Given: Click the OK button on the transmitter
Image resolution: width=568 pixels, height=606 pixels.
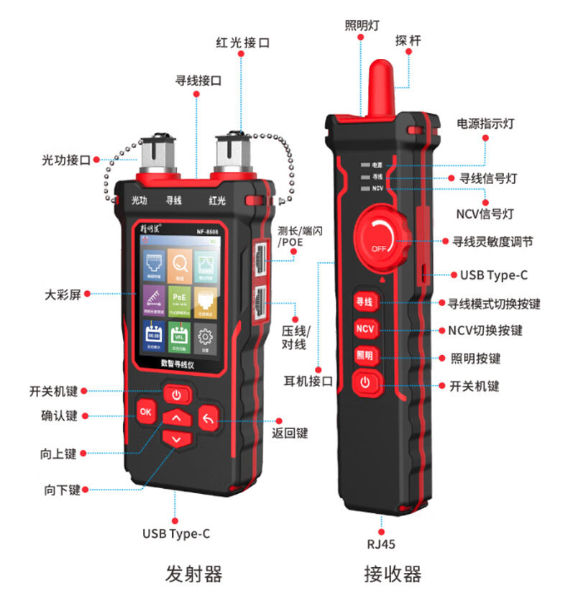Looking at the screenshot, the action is point(146,412).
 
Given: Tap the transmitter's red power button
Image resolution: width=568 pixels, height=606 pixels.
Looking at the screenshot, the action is point(177,394).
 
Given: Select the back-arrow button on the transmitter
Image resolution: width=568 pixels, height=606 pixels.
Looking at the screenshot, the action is point(209,419).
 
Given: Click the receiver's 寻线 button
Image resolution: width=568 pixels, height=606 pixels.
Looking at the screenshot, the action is point(365,303).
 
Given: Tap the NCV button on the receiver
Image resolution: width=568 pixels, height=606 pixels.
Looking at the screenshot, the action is point(365,329).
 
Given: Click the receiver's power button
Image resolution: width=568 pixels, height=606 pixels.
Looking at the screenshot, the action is point(365,382).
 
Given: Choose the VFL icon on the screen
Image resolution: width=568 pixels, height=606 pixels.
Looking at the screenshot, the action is point(178,336).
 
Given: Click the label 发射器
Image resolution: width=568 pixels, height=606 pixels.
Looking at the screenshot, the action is point(194,574).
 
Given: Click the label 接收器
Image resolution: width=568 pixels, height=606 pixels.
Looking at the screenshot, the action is point(392,574).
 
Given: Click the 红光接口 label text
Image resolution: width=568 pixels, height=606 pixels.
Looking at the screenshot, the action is point(243,43).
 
